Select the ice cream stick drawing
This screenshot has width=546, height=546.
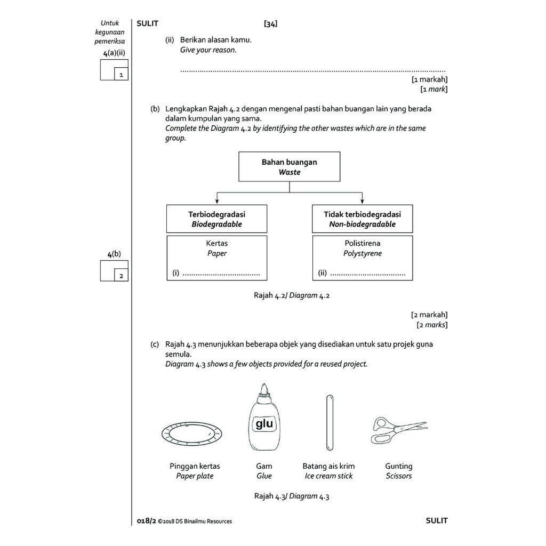click(x=330, y=423)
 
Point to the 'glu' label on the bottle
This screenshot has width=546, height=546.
click(x=264, y=424)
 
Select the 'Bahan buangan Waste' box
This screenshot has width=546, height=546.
click(x=289, y=167)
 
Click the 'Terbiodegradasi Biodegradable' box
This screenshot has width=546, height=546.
click(x=216, y=219)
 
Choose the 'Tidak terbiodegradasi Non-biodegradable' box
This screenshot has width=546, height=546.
click(x=362, y=219)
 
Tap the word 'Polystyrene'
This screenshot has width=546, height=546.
click(x=363, y=254)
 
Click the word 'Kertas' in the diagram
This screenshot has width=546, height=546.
click(x=216, y=244)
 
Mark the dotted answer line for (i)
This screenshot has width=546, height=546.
click(x=221, y=275)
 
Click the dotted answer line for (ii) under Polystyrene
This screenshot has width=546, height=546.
click(x=367, y=275)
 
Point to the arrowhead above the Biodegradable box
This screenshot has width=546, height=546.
click(x=216, y=201)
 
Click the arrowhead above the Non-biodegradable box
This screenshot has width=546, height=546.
click(x=362, y=201)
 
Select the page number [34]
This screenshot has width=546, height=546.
click(x=270, y=23)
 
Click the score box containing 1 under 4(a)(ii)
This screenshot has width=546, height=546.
click(x=121, y=75)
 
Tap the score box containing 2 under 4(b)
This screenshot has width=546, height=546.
click(x=121, y=276)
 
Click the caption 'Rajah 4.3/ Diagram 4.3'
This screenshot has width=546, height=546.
click(x=292, y=496)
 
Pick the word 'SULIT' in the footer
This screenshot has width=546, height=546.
click(x=437, y=521)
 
